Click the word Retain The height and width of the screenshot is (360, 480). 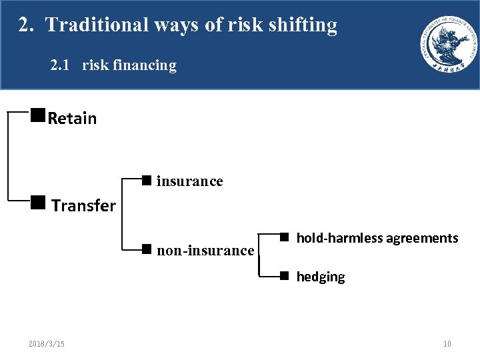(72, 119)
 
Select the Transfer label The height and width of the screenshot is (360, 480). (83, 205)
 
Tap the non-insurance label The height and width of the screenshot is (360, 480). (205, 251)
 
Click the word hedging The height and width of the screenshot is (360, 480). (321, 277)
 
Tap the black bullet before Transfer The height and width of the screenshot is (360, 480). (37, 202)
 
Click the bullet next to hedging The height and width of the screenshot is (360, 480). (283, 275)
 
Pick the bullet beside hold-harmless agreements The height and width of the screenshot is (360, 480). (283, 236)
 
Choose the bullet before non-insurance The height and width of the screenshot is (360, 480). (147, 249)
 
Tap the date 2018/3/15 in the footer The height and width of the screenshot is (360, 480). (47, 344)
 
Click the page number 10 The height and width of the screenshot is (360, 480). (447, 344)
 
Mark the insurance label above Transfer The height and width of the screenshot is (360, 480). (189, 181)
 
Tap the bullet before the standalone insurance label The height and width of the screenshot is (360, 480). (147, 179)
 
